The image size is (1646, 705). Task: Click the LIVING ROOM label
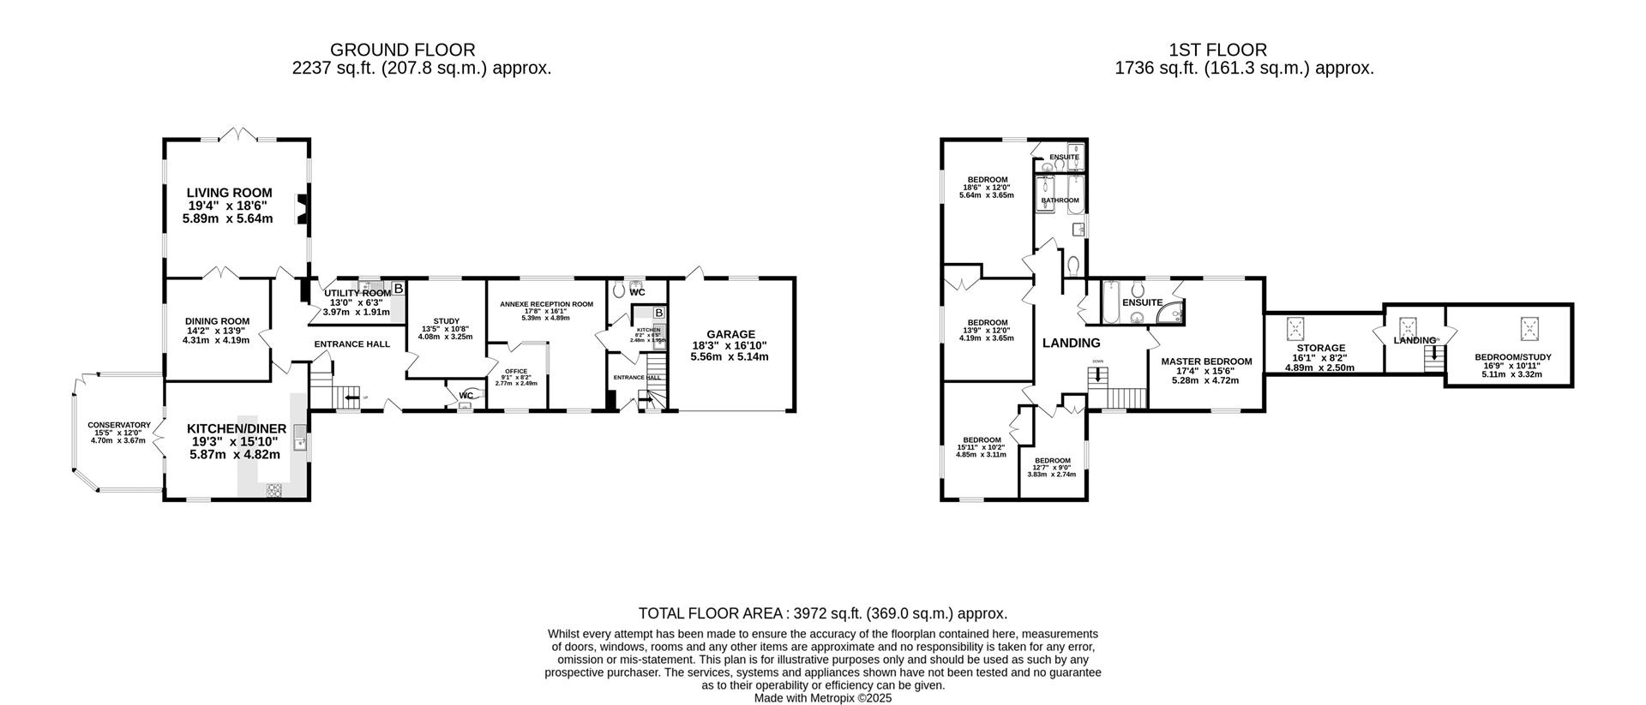coord(229,193)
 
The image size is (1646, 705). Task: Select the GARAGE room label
coord(730,334)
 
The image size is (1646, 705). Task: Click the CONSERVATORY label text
coord(119,425)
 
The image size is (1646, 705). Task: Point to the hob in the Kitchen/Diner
coord(274,490)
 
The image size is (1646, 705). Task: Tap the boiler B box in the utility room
coord(398,288)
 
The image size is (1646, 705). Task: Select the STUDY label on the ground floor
coord(445,321)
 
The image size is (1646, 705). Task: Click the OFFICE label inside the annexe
coord(516,371)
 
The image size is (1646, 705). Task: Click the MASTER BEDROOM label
coord(1206,361)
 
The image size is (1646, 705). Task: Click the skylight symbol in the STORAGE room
coord(1295,329)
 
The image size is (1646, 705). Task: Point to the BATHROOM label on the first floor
coord(1060,200)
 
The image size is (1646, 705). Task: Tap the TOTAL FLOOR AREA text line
coord(822,613)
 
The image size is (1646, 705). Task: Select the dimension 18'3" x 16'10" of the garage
coord(730,345)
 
